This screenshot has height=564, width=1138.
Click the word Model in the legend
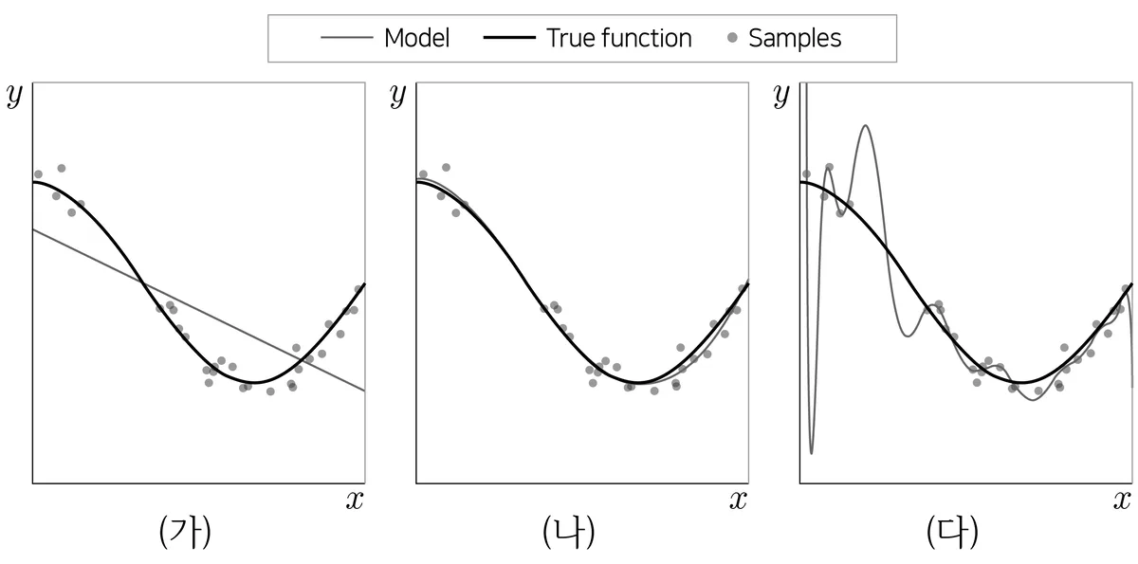pyautogui.click(x=416, y=38)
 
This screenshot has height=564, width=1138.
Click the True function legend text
pyautogui.click(x=618, y=38)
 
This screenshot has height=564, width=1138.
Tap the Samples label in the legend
pyautogui.click(x=795, y=39)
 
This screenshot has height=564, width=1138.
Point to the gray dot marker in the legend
pyautogui.click(x=732, y=38)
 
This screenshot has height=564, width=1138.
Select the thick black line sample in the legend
pyautogui.click(x=509, y=38)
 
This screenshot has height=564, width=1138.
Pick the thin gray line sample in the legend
pyautogui.click(x=347, y=38)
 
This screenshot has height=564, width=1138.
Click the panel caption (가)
pyautogui.click(x=185, y=532)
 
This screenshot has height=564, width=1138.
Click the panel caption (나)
pyautogui.click(x=568, y=532)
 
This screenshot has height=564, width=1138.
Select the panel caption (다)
pyautogui.click(x=952, y=532)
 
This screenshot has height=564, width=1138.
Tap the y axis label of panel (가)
pyautogui.click(x=15, y=96)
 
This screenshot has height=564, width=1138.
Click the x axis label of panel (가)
pyautogui.click(x=355, y=500)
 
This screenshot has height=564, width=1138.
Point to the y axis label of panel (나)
pyautogui.click(x=398, y=96)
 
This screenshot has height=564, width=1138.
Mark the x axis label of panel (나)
pyautogui.click(x=738, y=500)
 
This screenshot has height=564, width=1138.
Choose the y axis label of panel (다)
pyautogui.click(x=781, y=96)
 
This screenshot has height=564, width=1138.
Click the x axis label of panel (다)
pyautogui.click(x=1122, y=500)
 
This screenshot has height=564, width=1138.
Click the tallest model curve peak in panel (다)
pyautogui.click(x=865, y=125)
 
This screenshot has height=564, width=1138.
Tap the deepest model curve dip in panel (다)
pyautogui.click(x=812, y=453)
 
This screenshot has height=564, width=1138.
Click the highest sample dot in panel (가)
pyautogui.click(x=62, y=168)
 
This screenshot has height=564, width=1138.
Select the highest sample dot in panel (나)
pyautogui.click(x=446, y=168)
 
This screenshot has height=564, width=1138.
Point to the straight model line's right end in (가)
pyautogui.click(x=365, y=391)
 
